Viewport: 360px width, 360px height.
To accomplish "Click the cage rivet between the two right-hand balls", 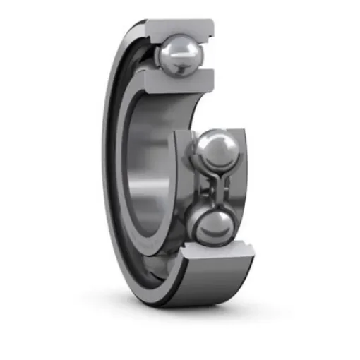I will pos(211,189).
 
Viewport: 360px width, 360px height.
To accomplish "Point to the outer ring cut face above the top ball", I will pos(179,26).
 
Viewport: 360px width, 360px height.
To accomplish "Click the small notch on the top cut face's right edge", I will pos(210,30).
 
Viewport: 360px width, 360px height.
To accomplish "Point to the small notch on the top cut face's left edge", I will pos(149,30).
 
